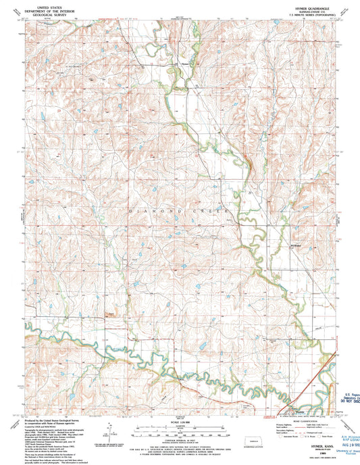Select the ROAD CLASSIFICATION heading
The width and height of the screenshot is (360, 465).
pos(300,421)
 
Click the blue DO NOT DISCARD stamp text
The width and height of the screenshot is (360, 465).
pos(346,401)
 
